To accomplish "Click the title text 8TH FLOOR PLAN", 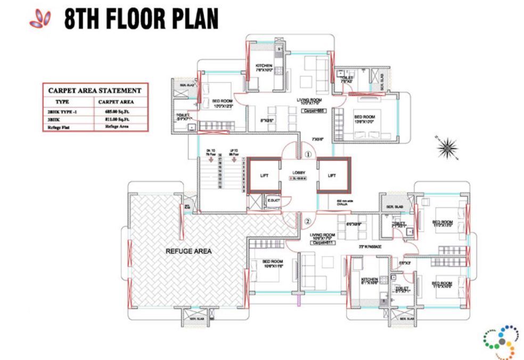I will [x=141, y=19].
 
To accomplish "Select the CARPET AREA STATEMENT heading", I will [x=95, y=91].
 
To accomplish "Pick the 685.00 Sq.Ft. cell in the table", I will [x=118, y=112].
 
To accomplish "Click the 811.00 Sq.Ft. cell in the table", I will [x=118, y=120].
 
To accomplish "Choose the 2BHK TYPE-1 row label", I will [x=63, y=112].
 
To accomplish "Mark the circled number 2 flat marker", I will [x=307, y=222].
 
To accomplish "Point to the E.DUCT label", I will [x=274, y=200].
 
